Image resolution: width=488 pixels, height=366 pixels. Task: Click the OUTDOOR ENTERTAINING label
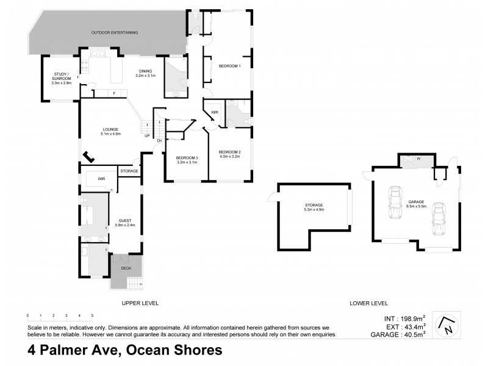[x=114, y=32]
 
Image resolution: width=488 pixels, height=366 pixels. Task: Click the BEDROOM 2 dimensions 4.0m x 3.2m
[x=230, y=156]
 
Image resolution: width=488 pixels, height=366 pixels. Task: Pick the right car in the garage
[x=437, y=218]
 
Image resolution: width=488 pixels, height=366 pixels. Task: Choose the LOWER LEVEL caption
[x=368, y=303]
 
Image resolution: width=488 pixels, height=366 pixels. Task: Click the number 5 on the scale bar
[x=92, y=316]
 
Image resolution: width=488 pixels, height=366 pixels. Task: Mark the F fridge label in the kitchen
[x=114, y=93]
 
